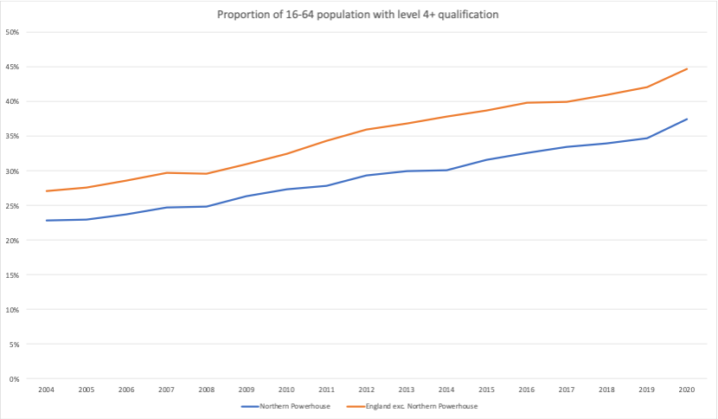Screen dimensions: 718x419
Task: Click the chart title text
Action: (x=357, y=15)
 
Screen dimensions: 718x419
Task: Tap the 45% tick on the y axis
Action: (x=12, y=67)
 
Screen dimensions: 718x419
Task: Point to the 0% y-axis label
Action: (x=14, y=379)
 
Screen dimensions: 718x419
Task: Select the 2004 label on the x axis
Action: (x=46, y=390)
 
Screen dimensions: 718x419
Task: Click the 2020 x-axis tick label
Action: (x=687, y=390)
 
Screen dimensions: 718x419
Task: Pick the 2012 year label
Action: (x=366, y=390)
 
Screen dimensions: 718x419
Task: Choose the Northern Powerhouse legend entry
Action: (x=285, y=406)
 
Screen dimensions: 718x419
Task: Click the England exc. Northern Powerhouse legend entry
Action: (x=412, y=406)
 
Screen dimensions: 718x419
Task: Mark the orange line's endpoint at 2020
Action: (x=687, y=68)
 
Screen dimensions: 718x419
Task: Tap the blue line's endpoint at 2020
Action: (x=687, y=119)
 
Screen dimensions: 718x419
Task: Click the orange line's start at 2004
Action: (x=46, y=191)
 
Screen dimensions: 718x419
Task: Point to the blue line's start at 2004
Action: (x=46, y=221)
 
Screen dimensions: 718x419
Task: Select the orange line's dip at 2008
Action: (x=207, y=174)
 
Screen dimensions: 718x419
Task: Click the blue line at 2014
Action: (x=446, y=170)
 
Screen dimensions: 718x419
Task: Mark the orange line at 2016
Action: (x=527, y=103)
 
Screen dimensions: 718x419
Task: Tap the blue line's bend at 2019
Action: (x=647, y=138)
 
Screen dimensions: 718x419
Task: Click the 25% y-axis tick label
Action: (x=12, y=206)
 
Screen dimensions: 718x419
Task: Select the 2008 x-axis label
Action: (x=207, y=390)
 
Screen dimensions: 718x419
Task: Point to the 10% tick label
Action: (x=12, y=310)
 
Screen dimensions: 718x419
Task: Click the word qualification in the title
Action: (x=468, y=15)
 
